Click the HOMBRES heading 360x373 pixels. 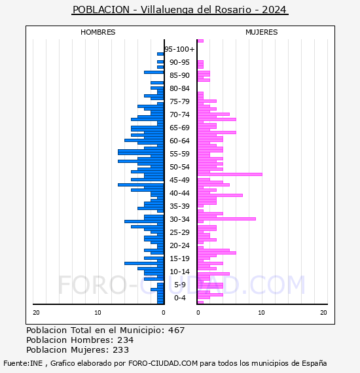click(98, 32)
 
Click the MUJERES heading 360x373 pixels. click(262, 32)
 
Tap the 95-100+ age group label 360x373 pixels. click(179, 49)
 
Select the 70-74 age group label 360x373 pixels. click(179, 115)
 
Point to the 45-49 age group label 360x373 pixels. click(179, 180)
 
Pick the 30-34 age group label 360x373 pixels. click(179, 219)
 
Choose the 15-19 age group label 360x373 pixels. click(179, 258)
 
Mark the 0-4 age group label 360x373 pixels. click(180, 298)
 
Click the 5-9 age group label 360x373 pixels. click(180, 285)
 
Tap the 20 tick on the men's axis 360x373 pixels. click(36, 313)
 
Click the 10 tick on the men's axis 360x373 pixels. click(98, 313)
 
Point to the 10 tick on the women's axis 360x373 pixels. click(261, 313)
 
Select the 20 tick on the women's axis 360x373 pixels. click(323, 313)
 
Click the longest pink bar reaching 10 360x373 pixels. click(230, 174)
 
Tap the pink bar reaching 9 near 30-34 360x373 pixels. click(226, 219)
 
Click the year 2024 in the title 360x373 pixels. click(274, 10)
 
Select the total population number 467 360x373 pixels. click(176, 330)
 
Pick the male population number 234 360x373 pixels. click(126, 340)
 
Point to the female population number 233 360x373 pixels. click(120, 350)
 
